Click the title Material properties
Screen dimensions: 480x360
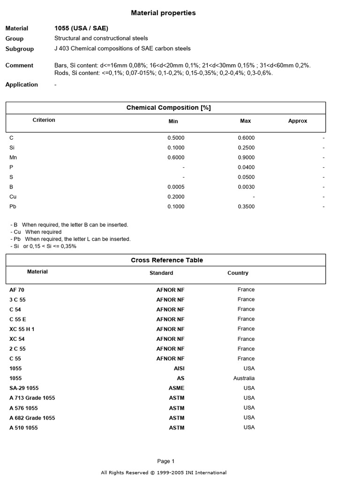pos(163,13)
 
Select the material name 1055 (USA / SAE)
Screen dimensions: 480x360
pos(81,28)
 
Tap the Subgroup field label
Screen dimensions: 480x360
pos(20,49)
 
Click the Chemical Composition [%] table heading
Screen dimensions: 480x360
pos(168,108)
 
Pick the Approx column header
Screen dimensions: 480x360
pos(298,121)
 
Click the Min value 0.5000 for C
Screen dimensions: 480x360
pos(176,138)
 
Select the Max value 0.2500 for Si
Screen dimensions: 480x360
pos(246,148)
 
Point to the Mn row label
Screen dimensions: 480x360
pos(13,157)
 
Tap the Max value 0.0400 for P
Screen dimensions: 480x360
pos(246,167)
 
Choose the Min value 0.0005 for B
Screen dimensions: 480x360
pos(176,187)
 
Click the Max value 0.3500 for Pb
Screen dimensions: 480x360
pos(246,207)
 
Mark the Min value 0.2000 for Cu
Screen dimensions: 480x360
pos(176,197)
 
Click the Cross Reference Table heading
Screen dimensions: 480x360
pos(167,260)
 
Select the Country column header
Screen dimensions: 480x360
pos(238,273)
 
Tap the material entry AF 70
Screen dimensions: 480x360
pos(16,290)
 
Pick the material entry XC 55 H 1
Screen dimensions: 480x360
pos(22,329)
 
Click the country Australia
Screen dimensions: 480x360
pos(244,378)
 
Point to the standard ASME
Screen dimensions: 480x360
pos(177,388)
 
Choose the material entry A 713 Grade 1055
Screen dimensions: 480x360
pos(32,398)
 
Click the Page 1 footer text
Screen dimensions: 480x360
pos(166,461)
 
